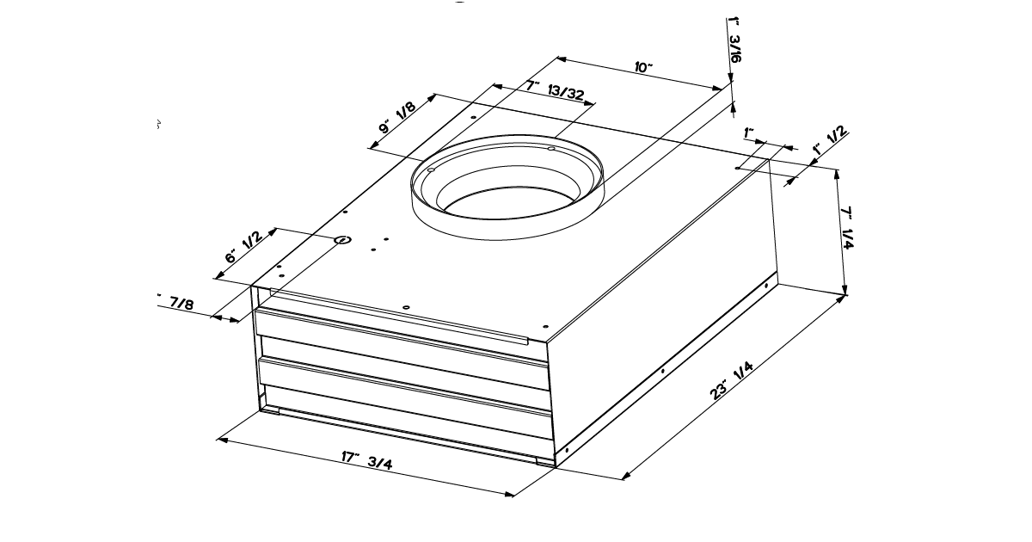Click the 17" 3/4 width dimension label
[x=368, y=459]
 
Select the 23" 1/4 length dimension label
[x=734, y=380]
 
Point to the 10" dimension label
[x=644, y=68]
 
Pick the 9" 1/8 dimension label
[x=398, y=118]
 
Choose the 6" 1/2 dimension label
[x=243, y=248]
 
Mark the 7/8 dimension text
[x=181, y=303]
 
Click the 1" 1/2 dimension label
[x=831, y=141]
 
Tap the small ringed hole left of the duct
[x=342, y=240]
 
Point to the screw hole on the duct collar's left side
[x=431, y=170]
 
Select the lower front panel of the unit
[x=404, y=383]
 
